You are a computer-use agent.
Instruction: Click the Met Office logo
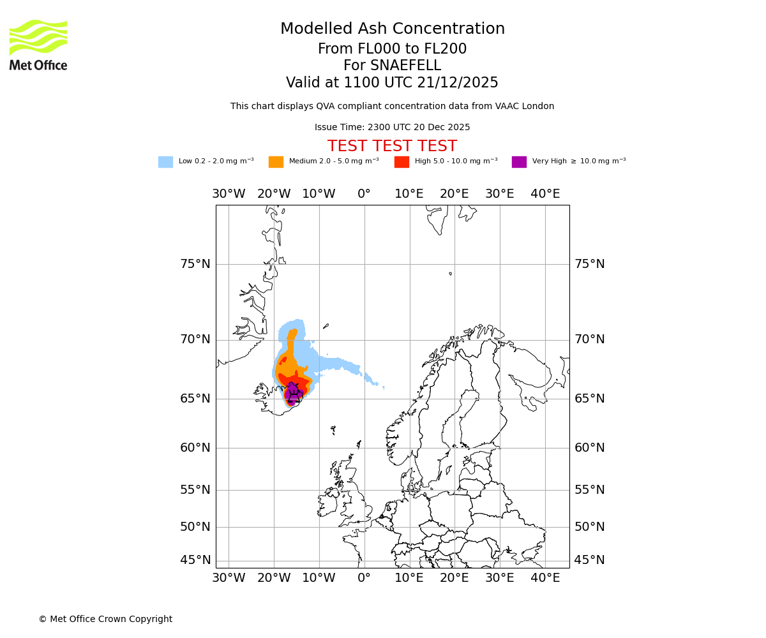[38, 45]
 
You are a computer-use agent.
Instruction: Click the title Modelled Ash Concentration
[393, 29]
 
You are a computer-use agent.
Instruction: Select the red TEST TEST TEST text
[392, 147]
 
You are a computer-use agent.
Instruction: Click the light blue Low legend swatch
[165, 162]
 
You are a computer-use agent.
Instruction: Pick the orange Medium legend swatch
[276, 162]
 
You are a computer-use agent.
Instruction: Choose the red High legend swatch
[402, 162]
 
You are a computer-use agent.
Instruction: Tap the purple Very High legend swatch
[519, 162]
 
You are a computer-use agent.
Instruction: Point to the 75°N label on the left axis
[195, 264]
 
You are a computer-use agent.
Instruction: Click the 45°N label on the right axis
[589, 560]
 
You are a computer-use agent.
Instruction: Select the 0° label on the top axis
[364, 194]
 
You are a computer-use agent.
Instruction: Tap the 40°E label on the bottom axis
[545, 578]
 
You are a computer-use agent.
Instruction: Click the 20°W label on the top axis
[274, 194]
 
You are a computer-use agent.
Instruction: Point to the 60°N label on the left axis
[195, 448]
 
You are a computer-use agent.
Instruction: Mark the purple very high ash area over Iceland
[292, 393]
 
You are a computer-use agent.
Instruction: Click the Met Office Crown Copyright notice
[105, 619]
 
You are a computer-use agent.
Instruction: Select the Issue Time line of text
[392, 128]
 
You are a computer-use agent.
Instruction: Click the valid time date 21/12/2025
[457, 83]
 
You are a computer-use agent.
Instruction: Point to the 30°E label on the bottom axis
[500, 578]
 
